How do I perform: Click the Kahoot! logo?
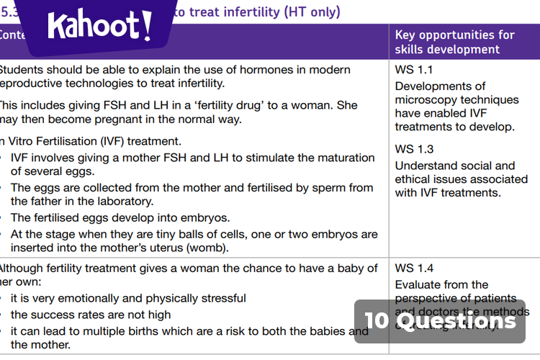pos(100,27)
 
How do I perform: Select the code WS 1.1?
pos(414,71)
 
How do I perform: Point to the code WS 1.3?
pos(414,150)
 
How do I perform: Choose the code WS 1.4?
pos(414,269)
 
